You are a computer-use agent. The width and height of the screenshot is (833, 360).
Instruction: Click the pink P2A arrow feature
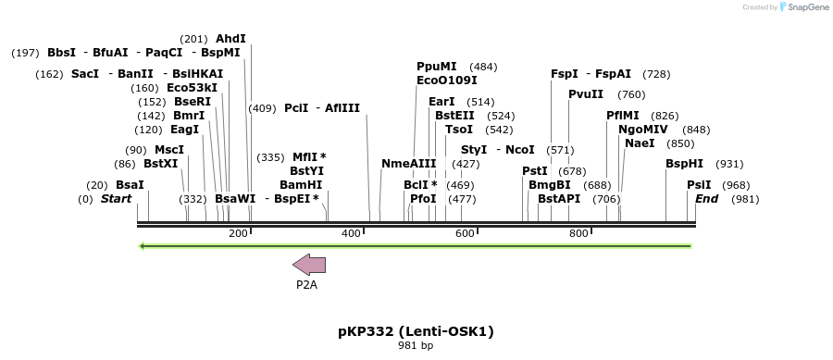(x=309, y=265)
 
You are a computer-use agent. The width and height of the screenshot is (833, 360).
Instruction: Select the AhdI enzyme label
(x=230, y=39)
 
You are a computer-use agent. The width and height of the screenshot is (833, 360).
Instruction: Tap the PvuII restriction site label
(x=586, y=94)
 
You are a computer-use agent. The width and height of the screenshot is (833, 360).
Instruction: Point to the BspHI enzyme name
(x=685, y=164)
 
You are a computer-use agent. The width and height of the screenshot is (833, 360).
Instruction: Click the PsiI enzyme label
(x=699, y=185)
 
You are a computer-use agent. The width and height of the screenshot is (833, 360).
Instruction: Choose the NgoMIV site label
(x=643, y=130)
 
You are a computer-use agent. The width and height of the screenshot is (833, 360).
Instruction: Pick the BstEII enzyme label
(x=454, y=116)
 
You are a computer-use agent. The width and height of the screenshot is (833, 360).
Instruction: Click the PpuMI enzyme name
(x=437, y=67)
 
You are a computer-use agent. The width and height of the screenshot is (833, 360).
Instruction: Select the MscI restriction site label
(x=169, y=150)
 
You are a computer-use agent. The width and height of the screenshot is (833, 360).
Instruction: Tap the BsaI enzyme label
(x=130, y=185)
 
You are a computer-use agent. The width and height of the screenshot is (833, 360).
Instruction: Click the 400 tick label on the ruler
(x=351, y=233)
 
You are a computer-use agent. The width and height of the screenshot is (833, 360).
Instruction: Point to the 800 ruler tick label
(x=578, y=233)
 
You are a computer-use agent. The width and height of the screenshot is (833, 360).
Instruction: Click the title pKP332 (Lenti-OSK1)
(x=416, y=330)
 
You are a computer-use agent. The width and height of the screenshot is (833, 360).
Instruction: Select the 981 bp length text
(x=416, y=345)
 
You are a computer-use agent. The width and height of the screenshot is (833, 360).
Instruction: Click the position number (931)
(x=730, y=164)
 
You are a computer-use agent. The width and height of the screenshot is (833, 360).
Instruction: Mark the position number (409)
(x=263, y=108)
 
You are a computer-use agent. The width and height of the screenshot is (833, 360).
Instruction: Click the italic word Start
(x=116, y=199)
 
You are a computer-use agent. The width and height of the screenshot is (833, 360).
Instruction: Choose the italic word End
(x=706, y=199)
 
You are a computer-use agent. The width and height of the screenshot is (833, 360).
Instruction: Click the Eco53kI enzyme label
(x=193, y=88)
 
